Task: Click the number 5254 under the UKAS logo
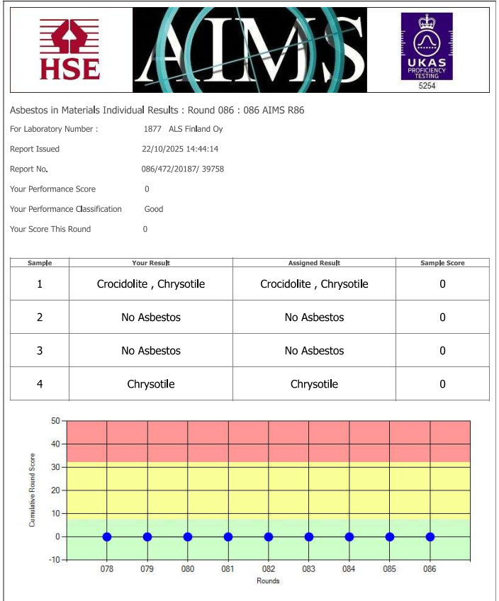click(427, 85)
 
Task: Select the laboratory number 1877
click(152, 129)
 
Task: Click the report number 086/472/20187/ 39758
click(183, 169)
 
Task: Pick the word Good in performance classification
click(154, 209)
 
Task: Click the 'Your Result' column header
click(151, 263)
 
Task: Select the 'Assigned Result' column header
click(314, 263)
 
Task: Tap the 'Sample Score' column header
click(442, 263)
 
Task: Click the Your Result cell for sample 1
click(151, 284)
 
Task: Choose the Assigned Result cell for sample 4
click(314, 384)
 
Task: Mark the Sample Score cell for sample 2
click(442, 318)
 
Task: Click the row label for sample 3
click(40, 351)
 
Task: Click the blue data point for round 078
click(107, 537)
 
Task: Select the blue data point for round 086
click(430, 537)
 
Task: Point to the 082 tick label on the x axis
click(269, 568)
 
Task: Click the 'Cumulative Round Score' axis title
click(32, 490)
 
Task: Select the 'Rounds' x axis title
click(268, 581)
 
